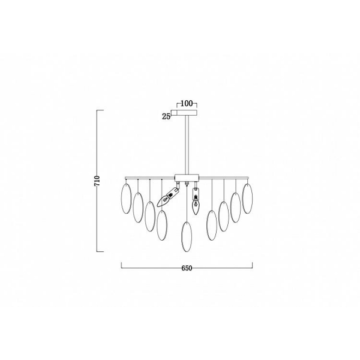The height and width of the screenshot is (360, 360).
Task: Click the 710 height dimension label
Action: [x=97, y=181]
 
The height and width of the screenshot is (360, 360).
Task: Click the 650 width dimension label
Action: [x=187, y=268]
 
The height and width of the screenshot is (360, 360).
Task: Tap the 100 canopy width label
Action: [x=187, y=104]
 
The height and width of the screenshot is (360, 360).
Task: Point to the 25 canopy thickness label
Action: [x=166, y=116]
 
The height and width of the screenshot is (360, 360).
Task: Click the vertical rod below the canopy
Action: [x=187, y=145]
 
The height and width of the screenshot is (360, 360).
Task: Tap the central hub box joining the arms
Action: [x=187, y=178]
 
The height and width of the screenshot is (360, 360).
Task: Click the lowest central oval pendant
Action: [x=187, y=237]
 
